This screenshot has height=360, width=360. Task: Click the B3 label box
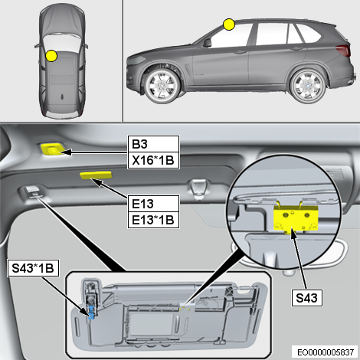tap(153, 144)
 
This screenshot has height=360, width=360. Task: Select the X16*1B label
tap(153, 161)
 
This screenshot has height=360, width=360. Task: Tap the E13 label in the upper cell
tap(153, 204)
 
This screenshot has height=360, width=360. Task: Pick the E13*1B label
tap(153, 220)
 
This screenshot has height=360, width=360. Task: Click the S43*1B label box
tap(33, 268)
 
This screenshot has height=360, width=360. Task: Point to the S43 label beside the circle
tap(306, 298)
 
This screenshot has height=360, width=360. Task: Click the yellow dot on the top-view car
tap(51, 56)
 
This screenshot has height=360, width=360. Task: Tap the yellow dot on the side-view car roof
tap(229, 25)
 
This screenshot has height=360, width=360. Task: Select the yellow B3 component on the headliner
tap(53, 149)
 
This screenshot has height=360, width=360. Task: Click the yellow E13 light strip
tap(96, 175)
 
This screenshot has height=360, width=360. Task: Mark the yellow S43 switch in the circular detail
tap(296, 218)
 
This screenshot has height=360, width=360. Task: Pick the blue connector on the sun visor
tap(91, 312)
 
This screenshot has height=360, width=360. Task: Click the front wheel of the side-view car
tap(162, 86)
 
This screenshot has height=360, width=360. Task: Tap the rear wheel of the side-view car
tap(309, 86)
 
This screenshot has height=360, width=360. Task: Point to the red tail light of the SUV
tap(343, 51)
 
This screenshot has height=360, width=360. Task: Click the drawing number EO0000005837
tap(326, 352)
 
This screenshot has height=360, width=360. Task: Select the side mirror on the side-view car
tap(207, 43)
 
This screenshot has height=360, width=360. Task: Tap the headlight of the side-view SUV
tap(136, 61)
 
